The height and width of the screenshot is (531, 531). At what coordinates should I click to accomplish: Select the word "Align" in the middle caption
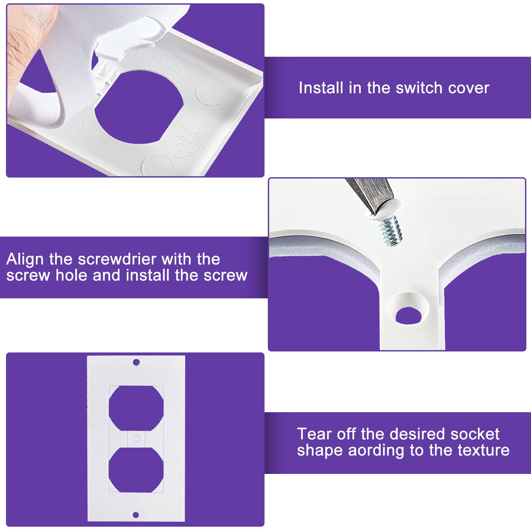click(x=25, y=259)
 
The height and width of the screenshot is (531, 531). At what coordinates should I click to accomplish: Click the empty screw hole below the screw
click(x=409, y=315)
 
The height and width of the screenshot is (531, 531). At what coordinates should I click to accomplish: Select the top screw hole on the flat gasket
click(x=136, y=362)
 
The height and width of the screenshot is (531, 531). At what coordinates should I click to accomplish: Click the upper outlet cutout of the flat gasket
click(x=136, y=408)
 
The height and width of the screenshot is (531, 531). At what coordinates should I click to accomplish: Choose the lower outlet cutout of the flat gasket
click(x=136, y=469)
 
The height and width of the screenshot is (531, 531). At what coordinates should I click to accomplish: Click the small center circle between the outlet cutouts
click(x=136, y=439)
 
